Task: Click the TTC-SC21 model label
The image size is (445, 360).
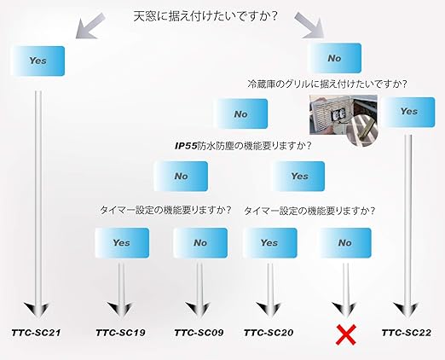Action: (36, 333)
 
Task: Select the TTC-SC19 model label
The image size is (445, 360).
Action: (120, 333)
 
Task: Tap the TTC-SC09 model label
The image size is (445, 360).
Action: (199, 333)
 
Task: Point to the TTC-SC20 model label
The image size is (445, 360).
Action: (269, 333)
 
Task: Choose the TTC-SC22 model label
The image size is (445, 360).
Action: (407, 333)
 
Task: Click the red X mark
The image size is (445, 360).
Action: (346, 335)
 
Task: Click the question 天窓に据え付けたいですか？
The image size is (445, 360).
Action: (205, 16)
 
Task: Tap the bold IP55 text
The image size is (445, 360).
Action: (186, 146)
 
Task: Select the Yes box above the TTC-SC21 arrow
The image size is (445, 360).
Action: (38, 61)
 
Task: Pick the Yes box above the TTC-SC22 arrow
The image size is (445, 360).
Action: (408, 112)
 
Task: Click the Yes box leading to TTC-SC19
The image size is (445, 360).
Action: (122, 243)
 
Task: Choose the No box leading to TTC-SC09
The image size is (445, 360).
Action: (200, 243)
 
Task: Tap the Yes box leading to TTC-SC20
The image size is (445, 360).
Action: (269, 243)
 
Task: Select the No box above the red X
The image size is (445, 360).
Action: (345, 243)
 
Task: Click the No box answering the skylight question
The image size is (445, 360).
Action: (334, 58)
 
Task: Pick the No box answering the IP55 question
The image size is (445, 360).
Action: (181, 176)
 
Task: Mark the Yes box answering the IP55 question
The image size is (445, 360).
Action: (299, 176)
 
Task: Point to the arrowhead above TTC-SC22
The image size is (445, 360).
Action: (406, 310)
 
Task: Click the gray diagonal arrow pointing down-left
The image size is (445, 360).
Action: (90, 26)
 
